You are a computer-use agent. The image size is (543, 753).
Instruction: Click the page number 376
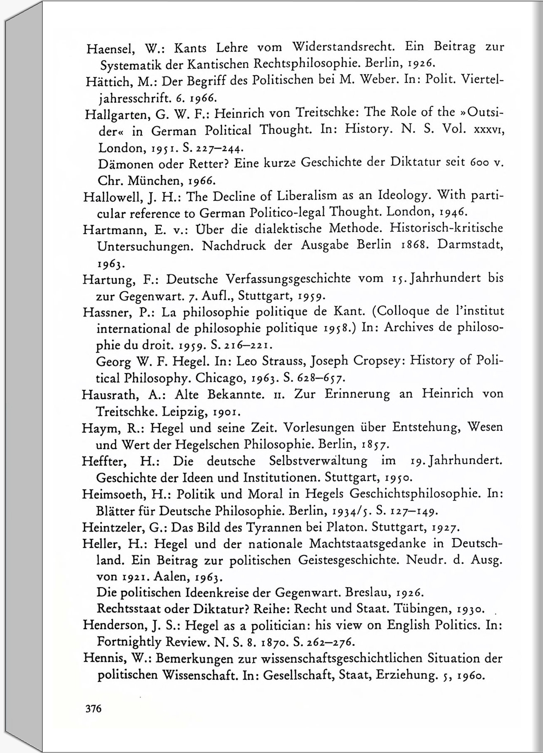point(93,708)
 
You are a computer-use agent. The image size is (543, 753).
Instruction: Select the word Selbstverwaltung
point(318,461)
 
